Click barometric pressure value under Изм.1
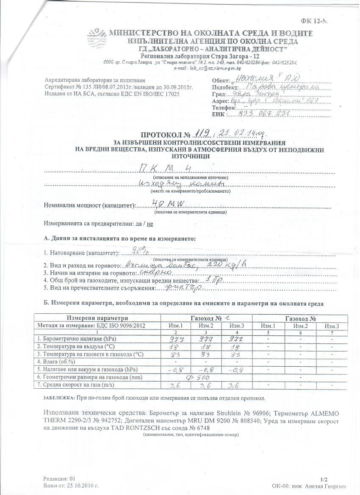click(x=176, y=339)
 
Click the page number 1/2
click(x=324, y=479)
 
